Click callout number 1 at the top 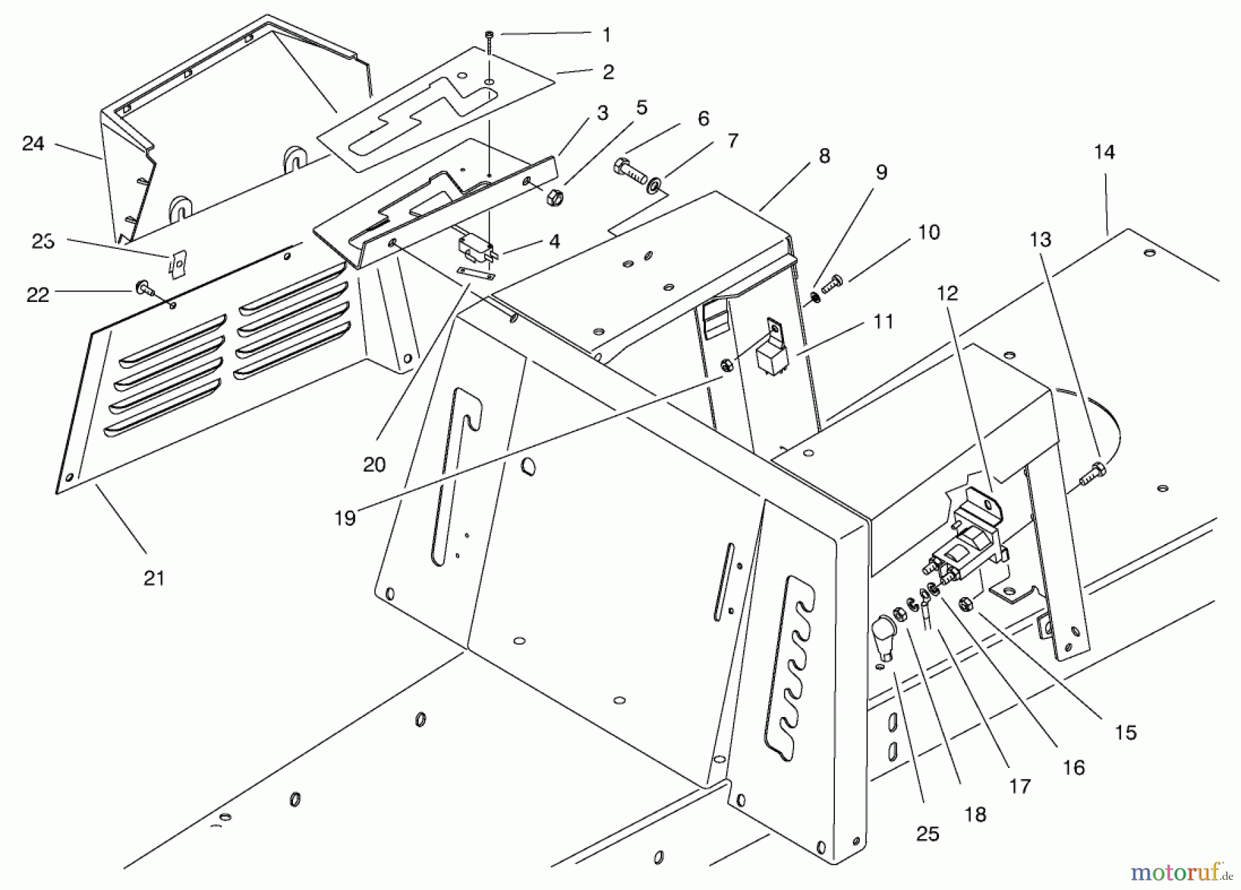[x=607, y=35]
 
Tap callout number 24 [x=33, y=143]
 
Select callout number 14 [x=1104, y=152]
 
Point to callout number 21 [x=154, y=578]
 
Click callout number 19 [x=345, y=518]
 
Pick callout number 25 [x=928, y=834]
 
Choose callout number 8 [x=825, y=156]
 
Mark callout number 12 [x=948, y=294]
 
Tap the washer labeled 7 [x=653, y=185]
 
